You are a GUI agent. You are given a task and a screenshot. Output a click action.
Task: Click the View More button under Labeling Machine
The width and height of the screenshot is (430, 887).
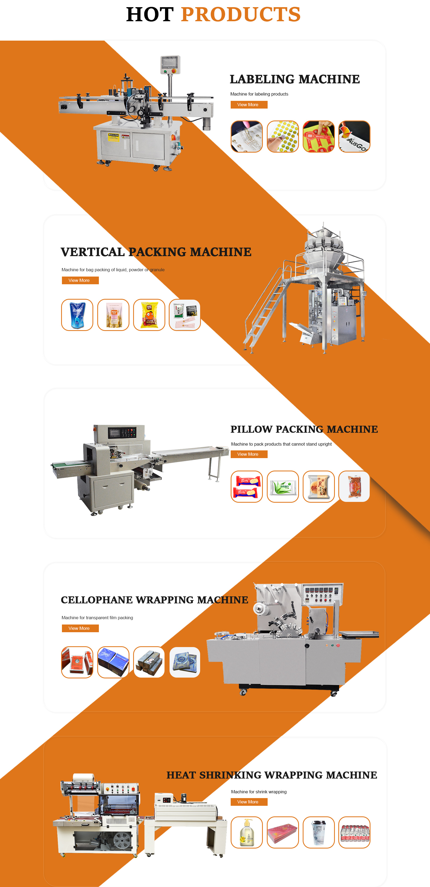[249, 105]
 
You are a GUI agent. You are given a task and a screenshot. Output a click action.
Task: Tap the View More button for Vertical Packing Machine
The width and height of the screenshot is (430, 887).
[80, 280]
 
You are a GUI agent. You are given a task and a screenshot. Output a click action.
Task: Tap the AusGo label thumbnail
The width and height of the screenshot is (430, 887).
[354, 136]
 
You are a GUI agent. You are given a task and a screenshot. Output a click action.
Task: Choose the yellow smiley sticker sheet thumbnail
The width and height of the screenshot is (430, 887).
[283, 136]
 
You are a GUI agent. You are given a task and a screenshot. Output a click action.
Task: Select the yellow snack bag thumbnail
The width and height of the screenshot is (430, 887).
[149, 315]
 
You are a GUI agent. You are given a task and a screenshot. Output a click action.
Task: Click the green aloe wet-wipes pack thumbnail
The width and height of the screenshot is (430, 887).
[283, 486]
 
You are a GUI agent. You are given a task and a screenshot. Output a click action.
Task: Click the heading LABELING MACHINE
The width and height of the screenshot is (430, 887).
[294, 79]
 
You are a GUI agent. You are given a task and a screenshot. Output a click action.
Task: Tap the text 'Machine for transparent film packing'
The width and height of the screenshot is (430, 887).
[97, 617]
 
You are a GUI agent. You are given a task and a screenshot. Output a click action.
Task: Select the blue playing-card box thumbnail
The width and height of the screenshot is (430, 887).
[113, 662]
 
